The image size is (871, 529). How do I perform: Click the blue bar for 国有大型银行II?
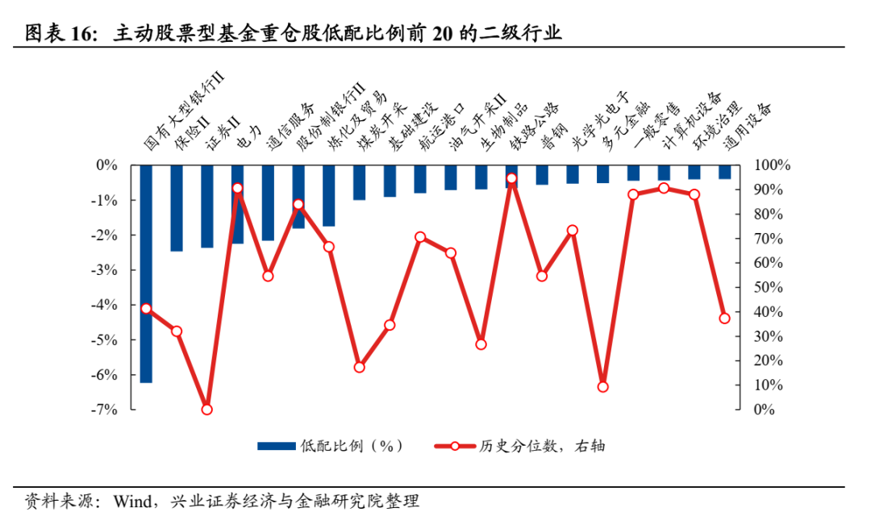click(x=146, y=273)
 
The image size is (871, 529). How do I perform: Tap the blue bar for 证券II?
click(x=207, y=206)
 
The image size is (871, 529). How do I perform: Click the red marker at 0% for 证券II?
click(x=207, y=409)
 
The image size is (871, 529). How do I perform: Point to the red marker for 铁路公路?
click(x=511, y=178)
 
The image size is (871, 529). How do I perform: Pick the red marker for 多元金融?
click(x=602, y=387)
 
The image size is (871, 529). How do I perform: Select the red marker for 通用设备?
click(x=724, y=319)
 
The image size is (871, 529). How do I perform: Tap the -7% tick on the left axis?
click(x=106, y=410)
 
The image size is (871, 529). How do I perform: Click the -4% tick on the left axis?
click(x=106, y=305)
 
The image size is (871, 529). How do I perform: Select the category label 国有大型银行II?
click(x=183, y=112)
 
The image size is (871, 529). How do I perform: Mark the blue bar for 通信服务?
click(x=268, y=202)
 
